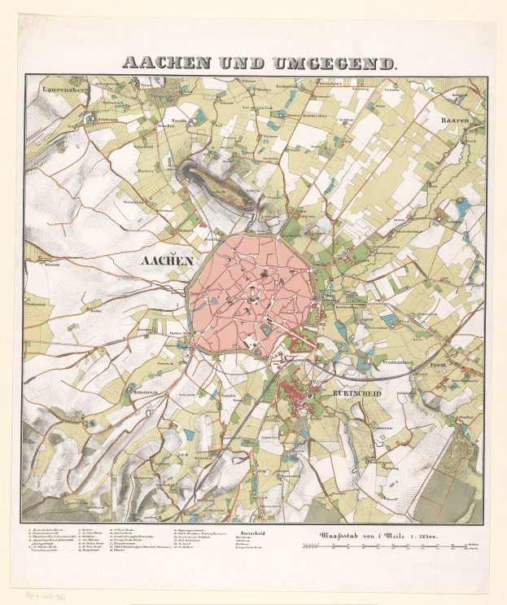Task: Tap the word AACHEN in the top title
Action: tap(168, 62)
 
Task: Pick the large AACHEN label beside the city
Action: tap(167, 261)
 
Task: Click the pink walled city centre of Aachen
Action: tap(252, 293)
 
